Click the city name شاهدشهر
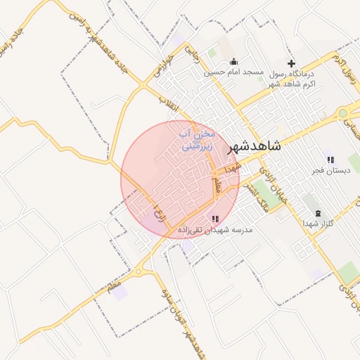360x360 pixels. [x=255, y=146]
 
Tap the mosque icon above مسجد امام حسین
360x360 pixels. [x=233, y=61]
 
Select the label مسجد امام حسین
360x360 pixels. [x=233, y=72]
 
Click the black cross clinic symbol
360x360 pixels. [x=291, y=63]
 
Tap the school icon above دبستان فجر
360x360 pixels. [x=330, y=160]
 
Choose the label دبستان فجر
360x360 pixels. [x=330, y=171]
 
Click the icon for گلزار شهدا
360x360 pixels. [x=317, y=213]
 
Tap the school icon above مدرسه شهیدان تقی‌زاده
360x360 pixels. [x=215, y=219]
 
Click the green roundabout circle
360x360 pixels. [x=342, y=112]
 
